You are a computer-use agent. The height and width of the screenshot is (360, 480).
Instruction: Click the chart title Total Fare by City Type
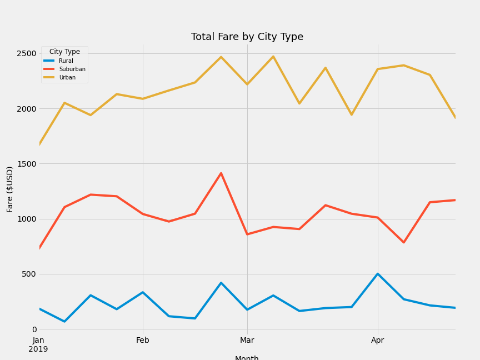click(x=247, y=37)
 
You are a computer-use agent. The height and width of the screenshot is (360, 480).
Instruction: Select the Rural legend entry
click(x=66, y=61)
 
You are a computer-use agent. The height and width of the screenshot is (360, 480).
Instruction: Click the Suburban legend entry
click(x=72, y=69)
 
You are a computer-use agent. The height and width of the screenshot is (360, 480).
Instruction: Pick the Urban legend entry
click(x=67, y=78)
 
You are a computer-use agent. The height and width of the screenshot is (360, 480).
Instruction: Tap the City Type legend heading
click(x=64, y=52)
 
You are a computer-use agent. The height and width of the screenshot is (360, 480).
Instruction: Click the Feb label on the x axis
click(x=143, y=341)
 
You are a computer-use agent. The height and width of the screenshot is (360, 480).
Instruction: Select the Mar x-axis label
click(x=247, y=341)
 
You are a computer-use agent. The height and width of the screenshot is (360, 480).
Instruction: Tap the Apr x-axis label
click(x=378, y=341)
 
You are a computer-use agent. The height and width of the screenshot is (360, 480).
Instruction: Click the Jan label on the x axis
click(x=38, y=341)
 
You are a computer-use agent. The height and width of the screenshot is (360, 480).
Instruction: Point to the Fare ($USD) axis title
click(x=10, y=189)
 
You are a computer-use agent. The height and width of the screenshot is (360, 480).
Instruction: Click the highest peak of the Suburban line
click(x=221, y=173)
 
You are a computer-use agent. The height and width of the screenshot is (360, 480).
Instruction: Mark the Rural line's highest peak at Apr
click(x=378, y=274)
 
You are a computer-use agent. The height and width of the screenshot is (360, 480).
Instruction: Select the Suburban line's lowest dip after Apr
click(x=404, y=242)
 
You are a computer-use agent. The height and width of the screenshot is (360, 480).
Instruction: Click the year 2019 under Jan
click(x=38, y=349)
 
